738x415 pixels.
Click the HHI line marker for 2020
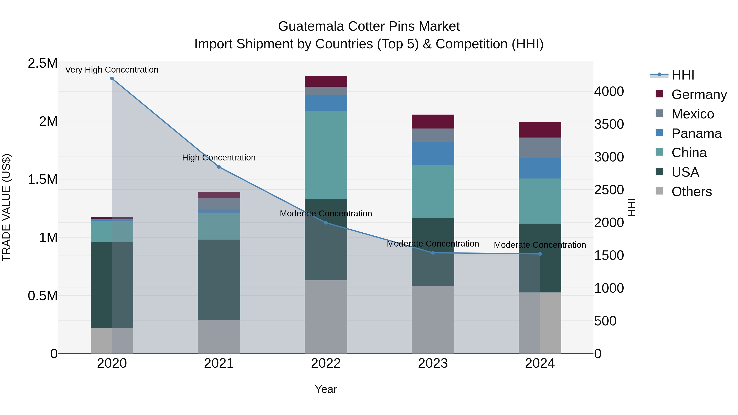tap(112, 78)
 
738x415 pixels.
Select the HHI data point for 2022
tap(326, 223)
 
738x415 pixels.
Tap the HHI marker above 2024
tap(540, 254)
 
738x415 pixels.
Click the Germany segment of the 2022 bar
tap(326, 81)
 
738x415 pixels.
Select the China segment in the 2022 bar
tap(326, 155)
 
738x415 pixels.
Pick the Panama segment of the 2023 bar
tap(433, 153)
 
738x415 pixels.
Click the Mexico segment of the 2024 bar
tap(540, 148)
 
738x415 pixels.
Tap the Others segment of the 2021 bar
tap(219, 337)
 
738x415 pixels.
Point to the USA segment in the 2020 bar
tap(112, 285)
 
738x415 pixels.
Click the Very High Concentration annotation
tap(112, 70)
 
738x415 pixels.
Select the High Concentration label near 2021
tap(219, 158)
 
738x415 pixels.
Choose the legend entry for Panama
tap(696, 133)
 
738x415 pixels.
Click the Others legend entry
tap(691, 192)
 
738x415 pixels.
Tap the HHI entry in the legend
tap(683, 75)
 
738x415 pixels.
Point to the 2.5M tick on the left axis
tap(42, 63)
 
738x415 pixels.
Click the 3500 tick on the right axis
tap(609, 124)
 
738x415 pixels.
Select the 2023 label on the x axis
tap(433, 363)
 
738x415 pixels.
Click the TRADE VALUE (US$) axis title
tap(6, 208)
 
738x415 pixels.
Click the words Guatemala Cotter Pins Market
tap(369, 26)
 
